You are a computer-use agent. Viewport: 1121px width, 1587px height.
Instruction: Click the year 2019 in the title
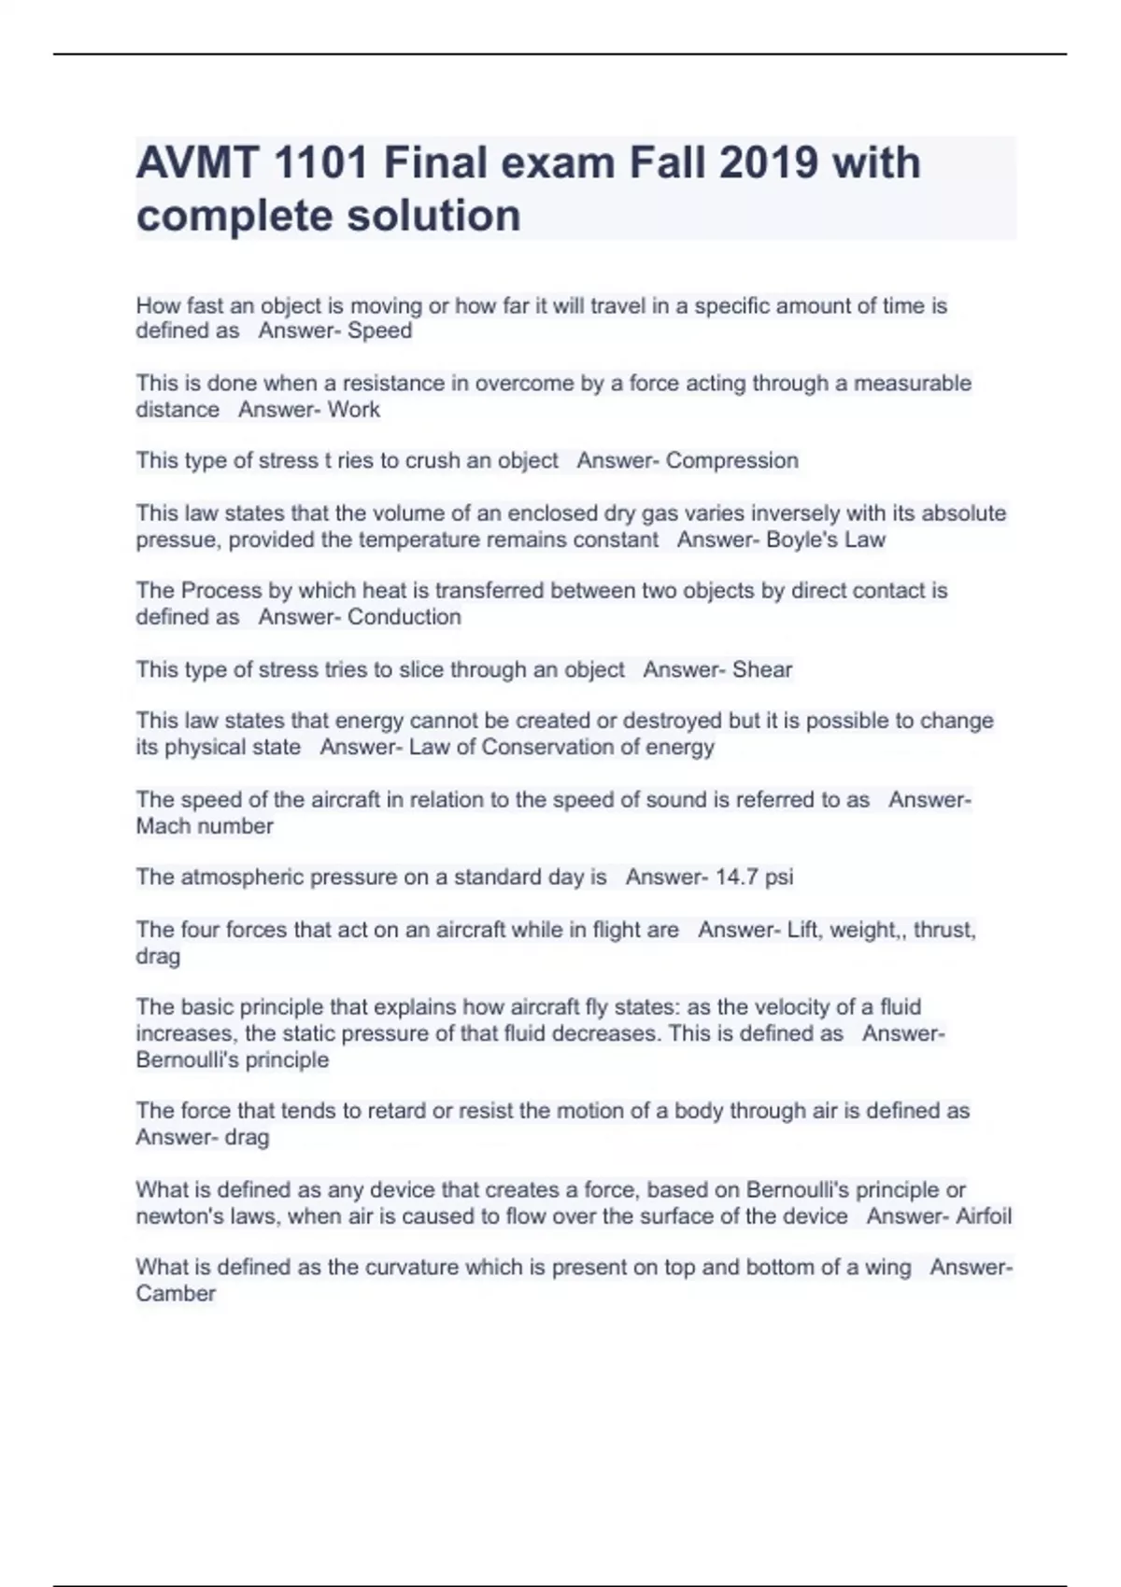coord(771,163)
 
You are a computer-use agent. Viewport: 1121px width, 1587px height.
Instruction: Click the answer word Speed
coord(379,330)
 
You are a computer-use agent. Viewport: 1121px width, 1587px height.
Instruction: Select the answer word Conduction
coord(404,617)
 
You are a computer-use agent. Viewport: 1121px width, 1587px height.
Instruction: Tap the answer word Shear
coord(762,669)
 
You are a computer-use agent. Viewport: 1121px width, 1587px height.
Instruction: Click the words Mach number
coord(205,826)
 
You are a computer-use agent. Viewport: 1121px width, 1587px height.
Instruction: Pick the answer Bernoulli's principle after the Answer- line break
coord(232,1060)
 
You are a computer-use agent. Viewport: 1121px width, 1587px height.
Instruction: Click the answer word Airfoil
coord(975,1216)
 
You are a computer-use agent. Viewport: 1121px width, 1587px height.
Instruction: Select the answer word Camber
coord(176,1294)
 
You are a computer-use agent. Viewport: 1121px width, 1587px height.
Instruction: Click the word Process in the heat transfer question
coord(221,591)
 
